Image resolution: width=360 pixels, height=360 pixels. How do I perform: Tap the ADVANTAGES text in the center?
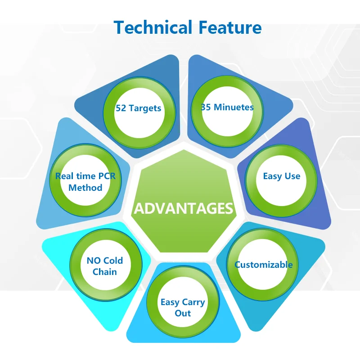(184, 209)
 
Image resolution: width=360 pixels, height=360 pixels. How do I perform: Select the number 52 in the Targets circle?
(121, 108)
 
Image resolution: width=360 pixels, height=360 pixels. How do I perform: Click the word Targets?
(144, 108)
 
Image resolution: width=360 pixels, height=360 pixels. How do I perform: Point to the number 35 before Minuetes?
(206, 107)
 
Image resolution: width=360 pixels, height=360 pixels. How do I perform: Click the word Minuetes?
(234, 107)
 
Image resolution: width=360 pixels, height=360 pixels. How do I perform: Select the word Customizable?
(264, 265)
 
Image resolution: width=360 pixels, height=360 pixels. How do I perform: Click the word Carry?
(193, 302)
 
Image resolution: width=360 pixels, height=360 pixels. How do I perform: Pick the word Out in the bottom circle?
(183, 313)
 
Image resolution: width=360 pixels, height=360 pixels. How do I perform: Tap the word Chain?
(104, 272)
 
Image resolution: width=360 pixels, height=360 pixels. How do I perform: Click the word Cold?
(113, 261)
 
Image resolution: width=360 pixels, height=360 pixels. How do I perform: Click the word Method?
(85, 187)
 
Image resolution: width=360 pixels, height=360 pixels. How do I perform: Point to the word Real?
(64, 176)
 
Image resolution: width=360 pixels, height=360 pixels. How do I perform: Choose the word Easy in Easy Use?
(272, 176)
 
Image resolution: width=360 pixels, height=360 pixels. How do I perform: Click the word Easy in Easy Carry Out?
(170, 302)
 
